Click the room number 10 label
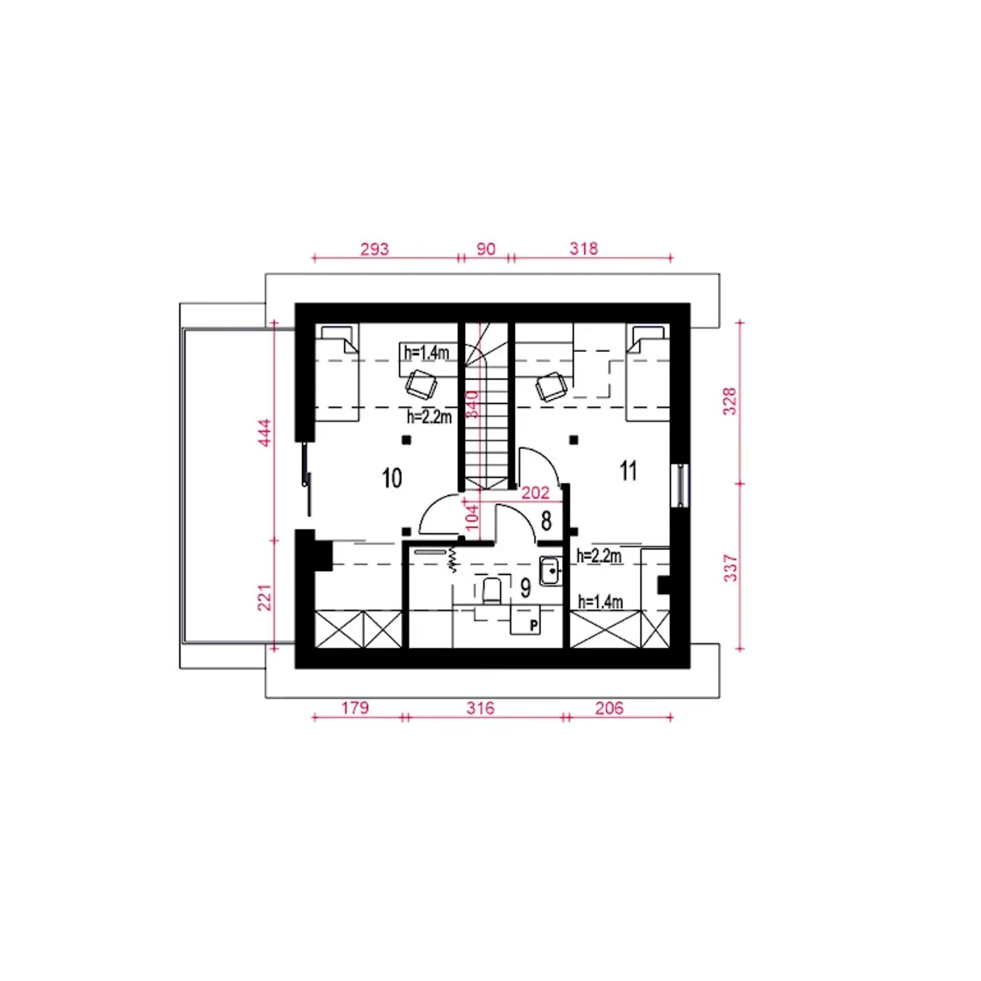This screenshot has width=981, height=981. point(392,478)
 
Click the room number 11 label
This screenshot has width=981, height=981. point(628,471)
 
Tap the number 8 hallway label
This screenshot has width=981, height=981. point(546,521)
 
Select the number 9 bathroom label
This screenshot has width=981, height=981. point(526,589)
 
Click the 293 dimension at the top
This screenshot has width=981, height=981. point(374,249)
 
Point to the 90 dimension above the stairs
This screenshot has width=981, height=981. point(486,249)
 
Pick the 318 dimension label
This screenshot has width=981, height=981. point(583,249)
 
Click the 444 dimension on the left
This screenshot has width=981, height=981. point(265,433)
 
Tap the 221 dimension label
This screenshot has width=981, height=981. point(265,596)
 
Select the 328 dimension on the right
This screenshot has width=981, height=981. point(730,401)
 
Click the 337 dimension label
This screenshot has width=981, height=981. point(730,569)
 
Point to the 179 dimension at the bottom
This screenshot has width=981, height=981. point(355,708)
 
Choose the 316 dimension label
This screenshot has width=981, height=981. point(480,708)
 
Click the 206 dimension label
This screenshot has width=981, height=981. point(609,708)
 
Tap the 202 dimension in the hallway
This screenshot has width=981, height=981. point(536,493)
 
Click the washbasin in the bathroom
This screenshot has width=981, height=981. point(550,571)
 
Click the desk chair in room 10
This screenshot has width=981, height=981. point(421,385)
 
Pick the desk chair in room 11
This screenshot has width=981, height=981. point(551,387)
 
